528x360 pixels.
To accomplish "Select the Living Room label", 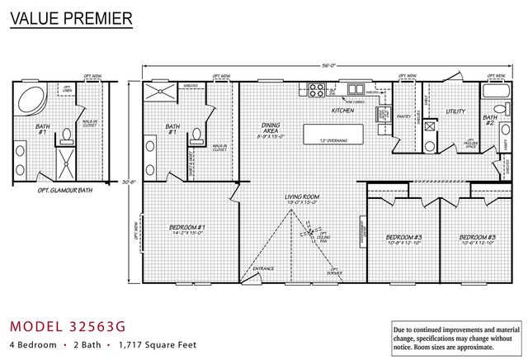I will (302, 199).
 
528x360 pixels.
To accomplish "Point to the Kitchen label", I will (342, 110).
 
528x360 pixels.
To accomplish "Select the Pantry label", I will (404, 116).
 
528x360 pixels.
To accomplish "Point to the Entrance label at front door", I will (263, 268).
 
